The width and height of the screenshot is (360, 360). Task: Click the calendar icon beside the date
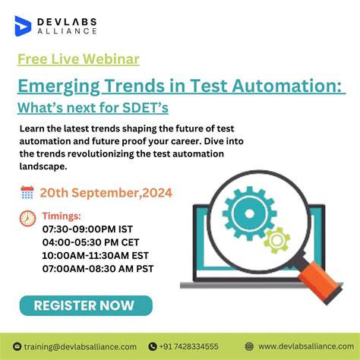tap(27, 193)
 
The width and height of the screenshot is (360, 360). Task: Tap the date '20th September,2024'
tap(106, 193)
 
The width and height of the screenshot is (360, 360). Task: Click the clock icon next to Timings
tap(27, 218)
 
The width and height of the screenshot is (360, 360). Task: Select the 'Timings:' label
tap(62, 216)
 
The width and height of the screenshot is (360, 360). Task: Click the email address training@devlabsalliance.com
tap(81, 346)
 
